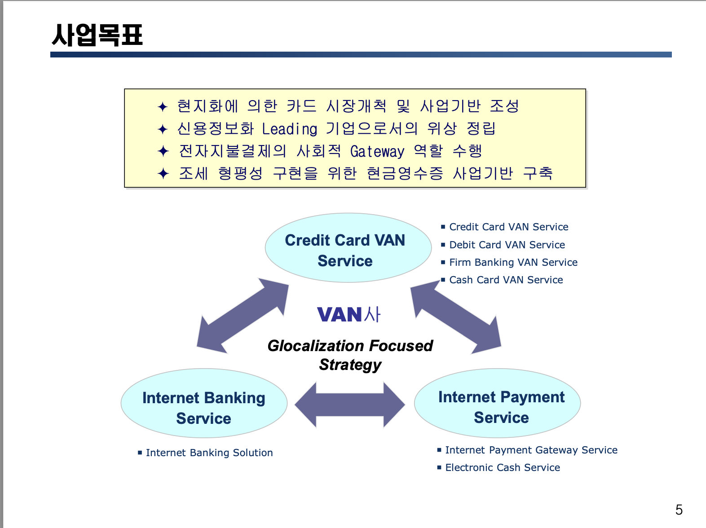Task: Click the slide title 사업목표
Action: tap(97, 35)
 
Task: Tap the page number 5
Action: tap(679, 510)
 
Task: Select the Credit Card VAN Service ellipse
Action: tap(348, 248)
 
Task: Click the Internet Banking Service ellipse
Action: tap(204, 404)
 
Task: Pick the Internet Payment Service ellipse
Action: tap(497, 404)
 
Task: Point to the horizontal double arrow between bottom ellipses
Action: tap(350, 405)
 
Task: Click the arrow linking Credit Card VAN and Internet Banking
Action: tap(243, 316)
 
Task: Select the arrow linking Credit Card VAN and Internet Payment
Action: tap(455, 316)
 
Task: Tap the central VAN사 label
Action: tap(349, 314)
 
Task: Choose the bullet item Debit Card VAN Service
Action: tap(507, 245)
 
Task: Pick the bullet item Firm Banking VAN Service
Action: tap(513, 262)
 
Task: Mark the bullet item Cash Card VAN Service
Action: tap(506, 280)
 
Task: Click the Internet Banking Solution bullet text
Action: tap(209, 453)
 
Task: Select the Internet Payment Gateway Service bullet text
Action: tap(531, 450)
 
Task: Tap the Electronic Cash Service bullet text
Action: tap(503, 467)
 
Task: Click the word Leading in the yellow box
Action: tap(290, 129)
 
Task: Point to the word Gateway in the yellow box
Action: tap(377, 152)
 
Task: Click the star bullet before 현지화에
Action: tap(163, 107)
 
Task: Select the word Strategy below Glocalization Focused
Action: tap(350, 365)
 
